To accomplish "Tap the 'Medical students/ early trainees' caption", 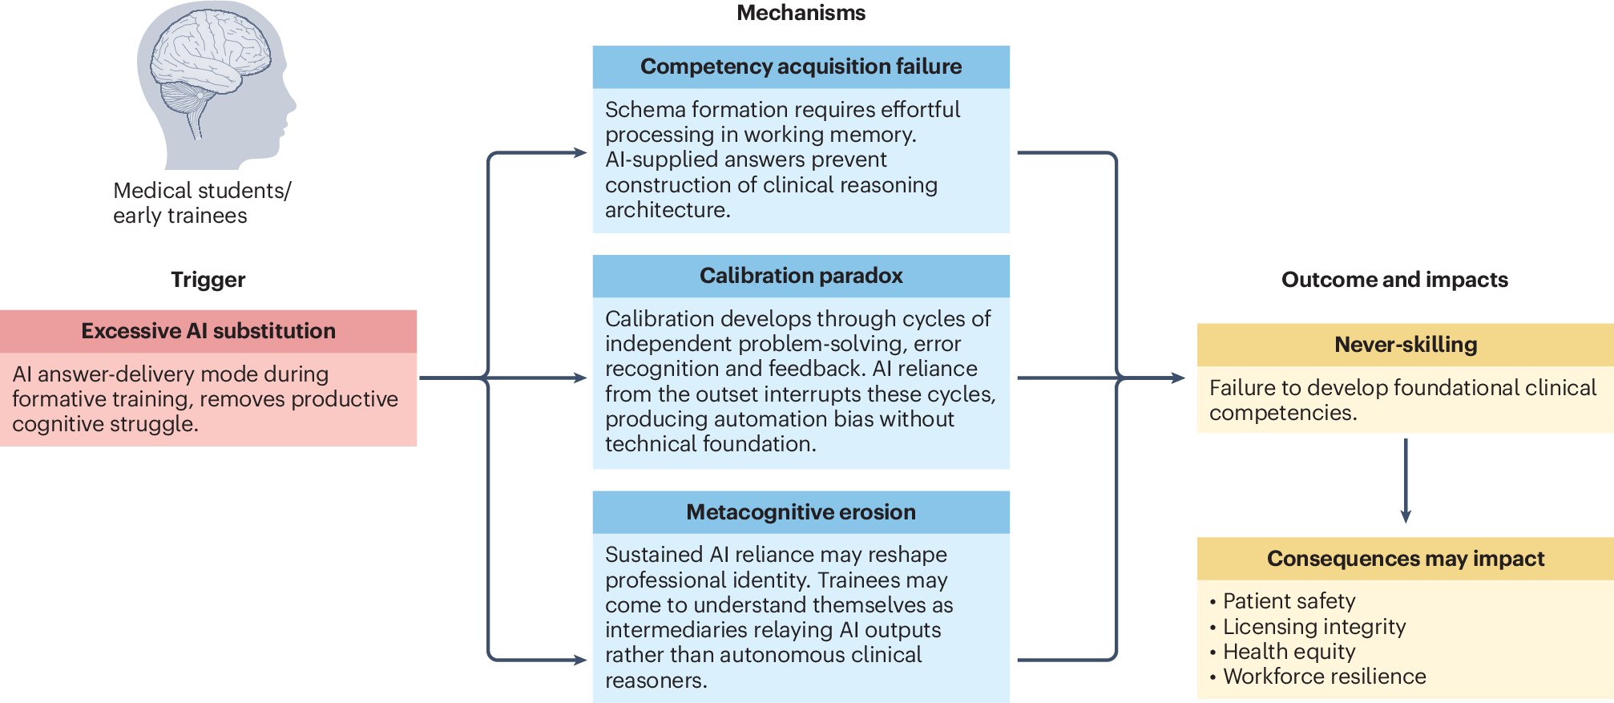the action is pyautogui.click(x=202, y=203).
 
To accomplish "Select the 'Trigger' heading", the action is pyautogui.click(x=208, y=280).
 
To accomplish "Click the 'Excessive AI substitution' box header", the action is pyautogui.click(x=208, y=331).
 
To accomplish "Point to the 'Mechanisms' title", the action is pyautogui.click(x=801, y=13).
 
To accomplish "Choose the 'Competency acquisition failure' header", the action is pyautogui.click(x=801, y=67).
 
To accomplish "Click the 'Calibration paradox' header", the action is pyautogui.click(x=801, y=276).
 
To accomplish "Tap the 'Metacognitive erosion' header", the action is pyautogui.click(x=801, y=512).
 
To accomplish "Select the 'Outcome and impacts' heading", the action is pyautogui.click(x=1394, y=280).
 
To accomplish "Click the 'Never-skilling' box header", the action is pyautogui.click(x=1406, y=345).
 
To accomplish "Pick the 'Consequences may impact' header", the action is pyautogui.click(x=1406, y=559).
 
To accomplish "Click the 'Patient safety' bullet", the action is pyautogui.click(x=1283, y=601).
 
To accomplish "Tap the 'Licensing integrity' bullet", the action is pyautogui.click(x=1308, y=627).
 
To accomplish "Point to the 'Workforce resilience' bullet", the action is pyautogui.click(x=1318, y=677).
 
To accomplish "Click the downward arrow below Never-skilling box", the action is pyautogui.click(x=1406, y=480).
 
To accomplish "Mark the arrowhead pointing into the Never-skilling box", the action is pyautogui.click(x=1179, y=378).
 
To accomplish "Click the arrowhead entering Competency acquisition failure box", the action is pyautogui.click(x=581, y=152).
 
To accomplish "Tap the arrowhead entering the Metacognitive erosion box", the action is pyautogui.click(x=581, y=660).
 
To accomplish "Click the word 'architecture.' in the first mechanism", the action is pyautogui.click(x=668, y=210).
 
